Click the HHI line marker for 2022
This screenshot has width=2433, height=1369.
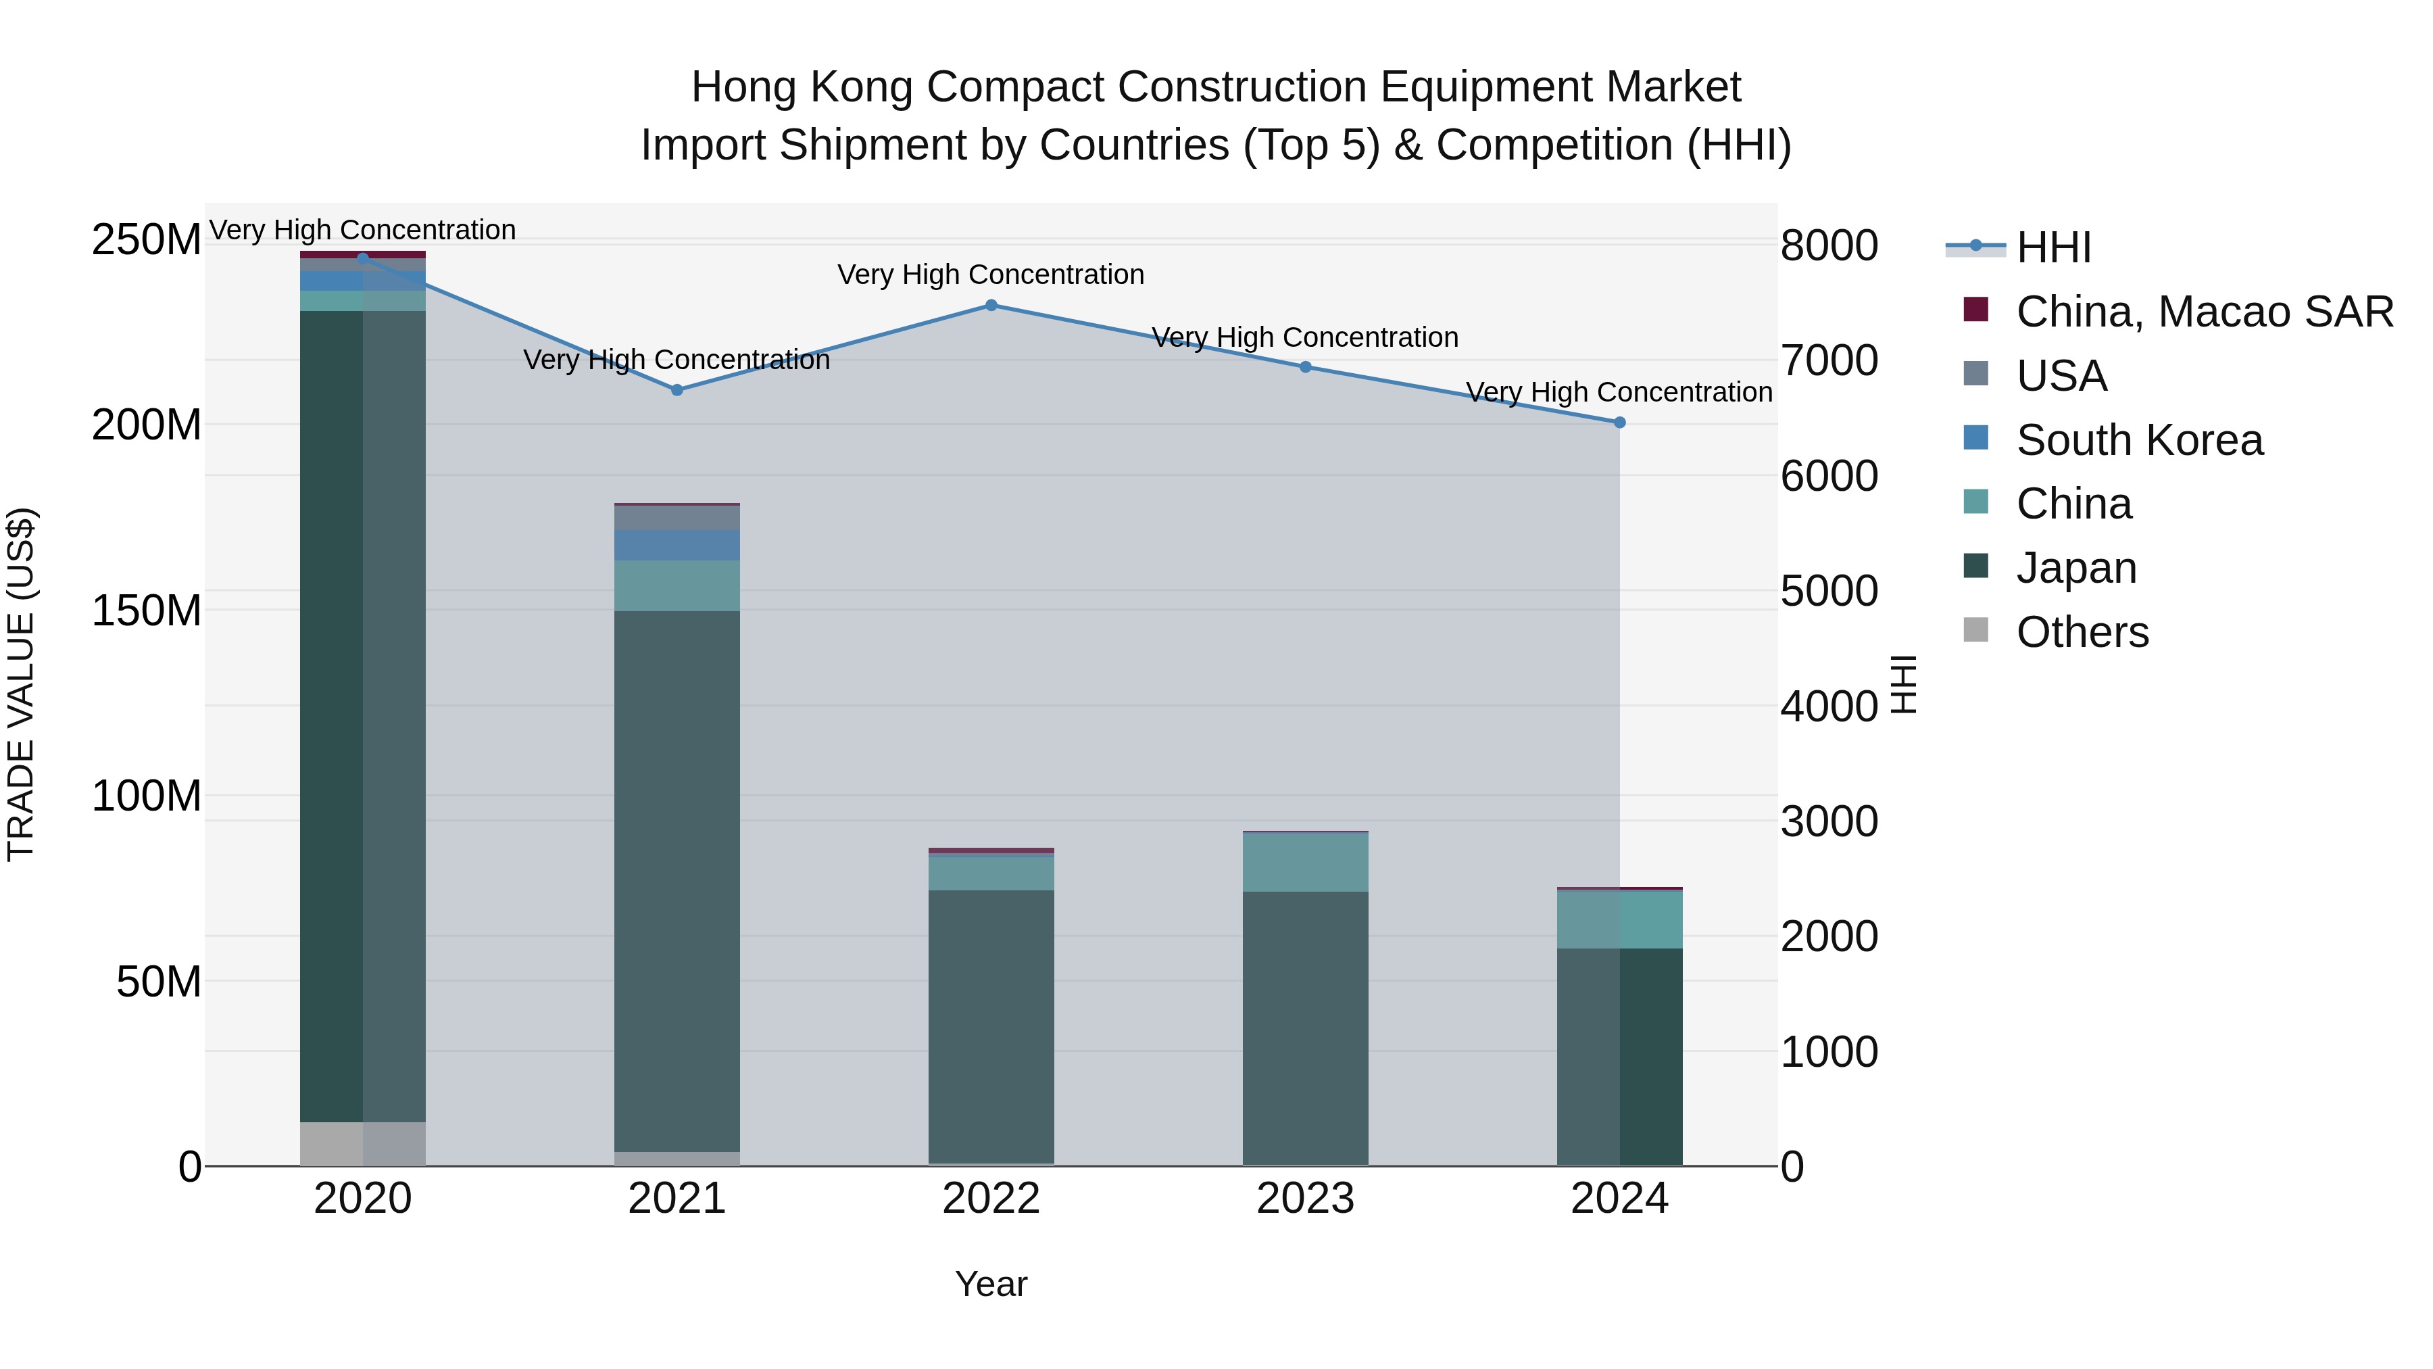coord(991,305)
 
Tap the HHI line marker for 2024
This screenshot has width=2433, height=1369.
coord(1620,423)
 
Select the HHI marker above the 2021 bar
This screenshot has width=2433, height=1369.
coord(677,390)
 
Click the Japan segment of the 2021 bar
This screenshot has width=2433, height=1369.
coord(677,879)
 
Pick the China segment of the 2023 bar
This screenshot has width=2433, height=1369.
coord(1305,862)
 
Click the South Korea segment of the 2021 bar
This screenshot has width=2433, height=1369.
coord(677,545)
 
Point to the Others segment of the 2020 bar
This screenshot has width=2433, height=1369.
coord(363,1143)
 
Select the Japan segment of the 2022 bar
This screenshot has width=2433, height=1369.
coord(991,1025)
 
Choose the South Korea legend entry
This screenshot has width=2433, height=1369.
coord(2139,440)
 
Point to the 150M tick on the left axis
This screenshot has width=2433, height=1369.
coord(147,610)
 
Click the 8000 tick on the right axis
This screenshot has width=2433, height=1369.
coord(1829,245)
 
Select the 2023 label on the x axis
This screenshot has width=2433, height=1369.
coord(1305,1199)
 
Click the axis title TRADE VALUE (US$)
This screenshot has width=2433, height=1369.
coord(21,684)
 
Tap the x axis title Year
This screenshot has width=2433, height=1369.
coord(991,1284)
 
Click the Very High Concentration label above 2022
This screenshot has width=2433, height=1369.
coord(991,275)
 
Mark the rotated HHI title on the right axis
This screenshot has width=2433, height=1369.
coord(1904,684)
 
